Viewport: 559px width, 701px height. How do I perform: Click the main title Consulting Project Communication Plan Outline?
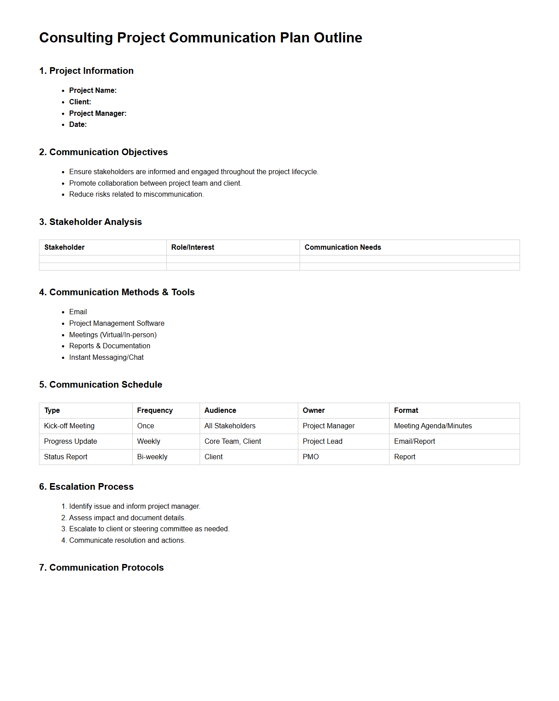click(200, 38)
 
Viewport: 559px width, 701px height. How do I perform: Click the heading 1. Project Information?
click(86, 71)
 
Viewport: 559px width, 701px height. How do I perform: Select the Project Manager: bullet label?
click(97, 113)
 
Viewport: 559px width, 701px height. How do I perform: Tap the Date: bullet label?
click(78, 125)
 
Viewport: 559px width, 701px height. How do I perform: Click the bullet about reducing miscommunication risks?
click(136, 194)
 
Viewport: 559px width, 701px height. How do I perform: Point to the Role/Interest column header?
click(193, 248)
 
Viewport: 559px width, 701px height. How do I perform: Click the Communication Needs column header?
click(343, 248)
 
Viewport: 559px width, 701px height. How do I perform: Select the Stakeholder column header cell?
click(64, 248)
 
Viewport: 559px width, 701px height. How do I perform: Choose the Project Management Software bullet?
click(116, 324)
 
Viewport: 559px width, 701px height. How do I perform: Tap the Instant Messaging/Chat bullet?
click(106, 358)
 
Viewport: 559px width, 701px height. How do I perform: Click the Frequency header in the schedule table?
click(154, 411)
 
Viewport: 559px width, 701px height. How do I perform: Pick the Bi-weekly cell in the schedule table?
click(152, 457)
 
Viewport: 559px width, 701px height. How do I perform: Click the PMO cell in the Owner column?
click(311, 457)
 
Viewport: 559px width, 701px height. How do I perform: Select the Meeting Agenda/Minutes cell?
click(433, 426)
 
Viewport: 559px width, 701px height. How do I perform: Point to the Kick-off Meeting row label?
click(69, 426)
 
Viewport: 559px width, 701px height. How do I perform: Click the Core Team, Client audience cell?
click(233, 442)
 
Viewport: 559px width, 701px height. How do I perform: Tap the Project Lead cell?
click(322, 442)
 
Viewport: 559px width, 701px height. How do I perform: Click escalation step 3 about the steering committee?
click(149, 529)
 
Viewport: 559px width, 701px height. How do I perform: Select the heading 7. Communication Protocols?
click(101, 568)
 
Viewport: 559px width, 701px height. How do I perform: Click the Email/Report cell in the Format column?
click(414, 442)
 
